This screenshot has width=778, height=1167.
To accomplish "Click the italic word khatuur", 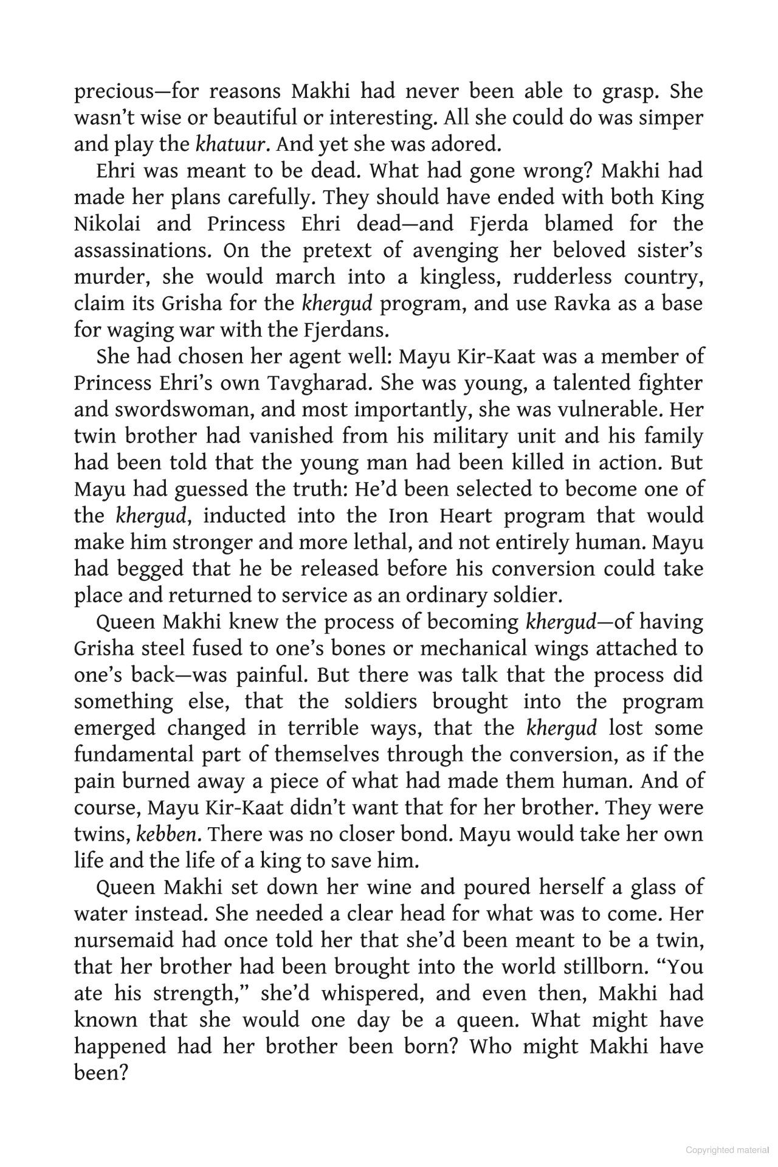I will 230,145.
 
